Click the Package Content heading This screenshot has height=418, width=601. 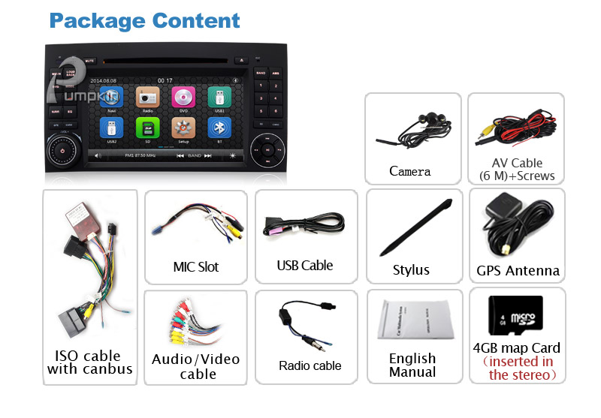coord(145,20)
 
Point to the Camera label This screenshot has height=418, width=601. coord(410,171)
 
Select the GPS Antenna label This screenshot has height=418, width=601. coord(518,270)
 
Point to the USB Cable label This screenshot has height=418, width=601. coord(305,265)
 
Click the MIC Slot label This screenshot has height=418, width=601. coord(195,266)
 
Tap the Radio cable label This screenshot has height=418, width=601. coord(310,365)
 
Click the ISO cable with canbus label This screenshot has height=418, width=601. coord(89,362)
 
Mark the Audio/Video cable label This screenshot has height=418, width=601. coord(195,366)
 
